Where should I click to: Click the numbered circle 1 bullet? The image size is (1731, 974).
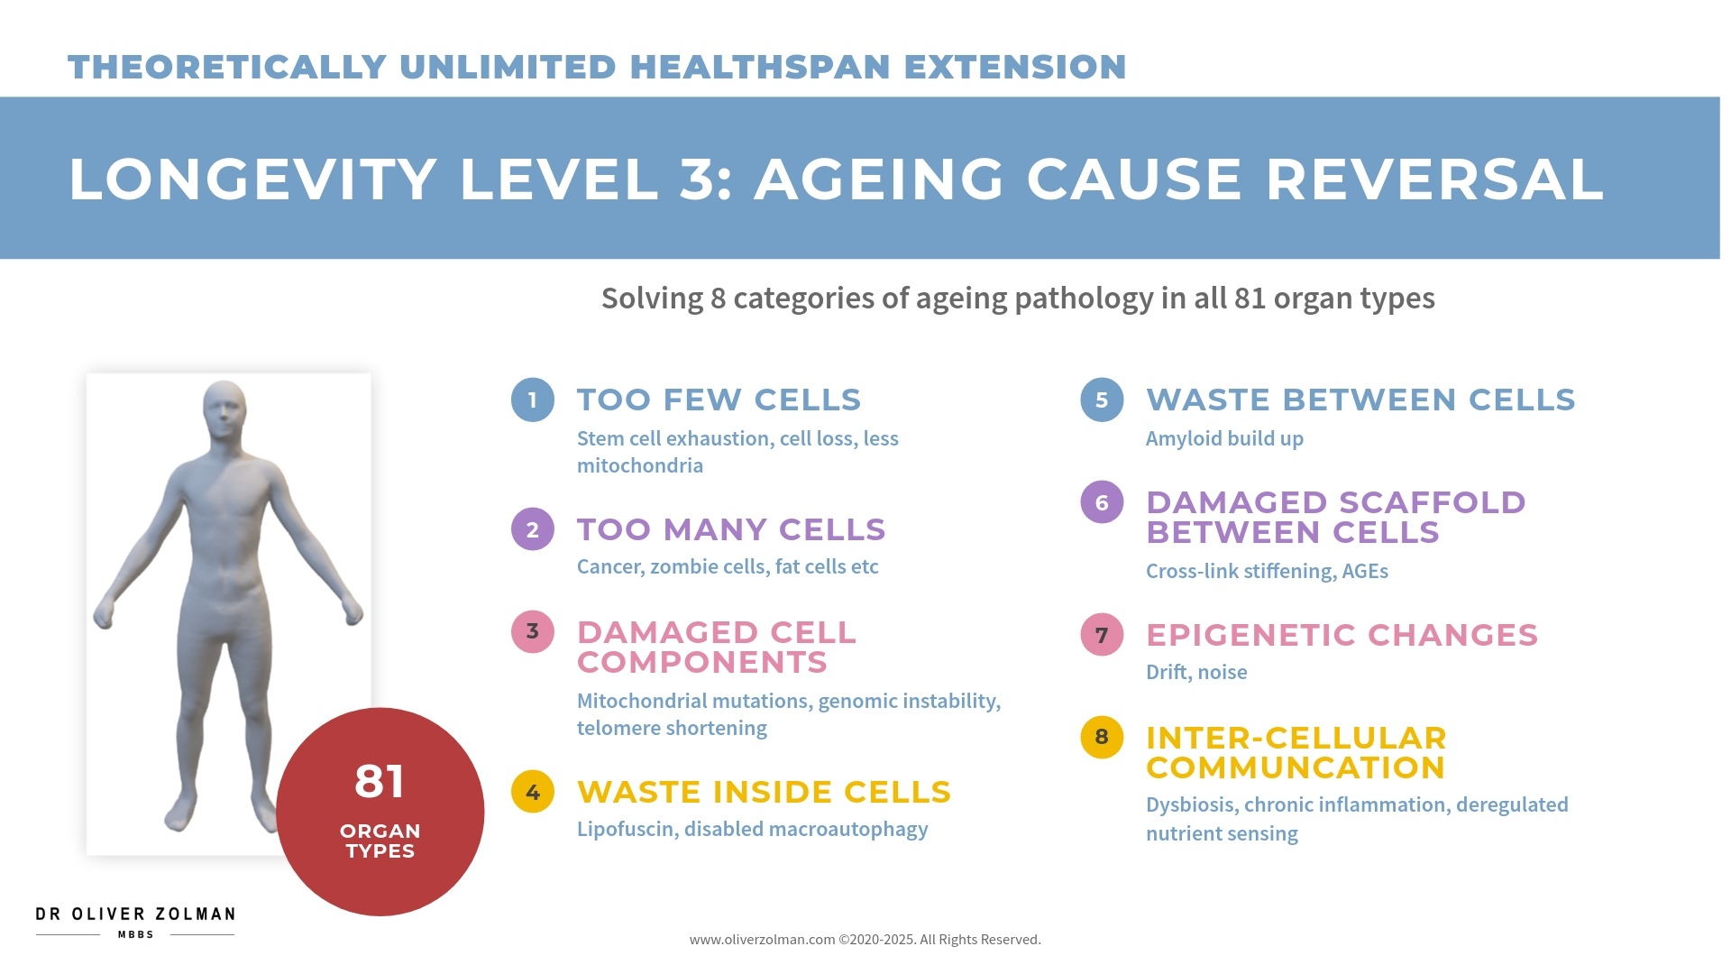[x=532, y=400]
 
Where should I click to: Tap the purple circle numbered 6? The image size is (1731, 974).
[x=1101, y=502]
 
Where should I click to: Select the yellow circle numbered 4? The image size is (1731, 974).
[x=532, y=792]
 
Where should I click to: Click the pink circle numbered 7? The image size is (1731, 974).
[x=1101, y=635]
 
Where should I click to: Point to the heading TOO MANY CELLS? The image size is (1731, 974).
[x=731, y=529]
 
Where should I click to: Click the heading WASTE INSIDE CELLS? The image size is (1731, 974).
[x=764, y=792]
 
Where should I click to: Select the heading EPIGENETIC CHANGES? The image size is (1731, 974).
[x=1342, y=635]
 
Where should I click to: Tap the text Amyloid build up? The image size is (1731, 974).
[x=1224, y=439]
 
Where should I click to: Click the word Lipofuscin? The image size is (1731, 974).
[x=626, y=830]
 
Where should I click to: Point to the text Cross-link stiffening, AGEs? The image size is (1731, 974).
[x=1267, y=572]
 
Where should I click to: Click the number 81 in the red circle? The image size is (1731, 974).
[x=380, y=781]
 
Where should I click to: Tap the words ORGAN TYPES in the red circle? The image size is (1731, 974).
[x=380, y=841]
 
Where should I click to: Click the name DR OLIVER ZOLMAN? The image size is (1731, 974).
[x=135, y=914]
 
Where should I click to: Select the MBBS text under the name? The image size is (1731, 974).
[x=135, y=935]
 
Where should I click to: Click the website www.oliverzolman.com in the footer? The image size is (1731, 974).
[x=762, y=940]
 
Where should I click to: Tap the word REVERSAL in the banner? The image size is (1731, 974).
[x=1434, y=179]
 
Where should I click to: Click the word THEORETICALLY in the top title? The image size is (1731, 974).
[x=227, y=68]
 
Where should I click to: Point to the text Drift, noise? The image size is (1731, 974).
[x=1196, y=673]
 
